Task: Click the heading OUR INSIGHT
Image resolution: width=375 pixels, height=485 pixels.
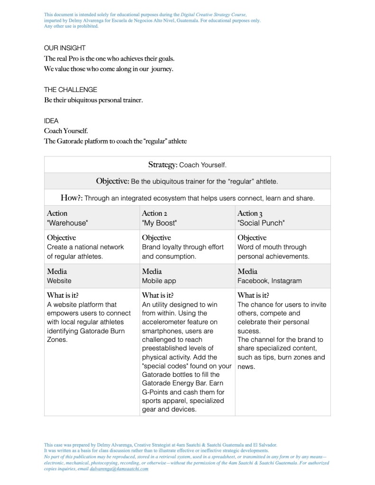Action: point(64,48)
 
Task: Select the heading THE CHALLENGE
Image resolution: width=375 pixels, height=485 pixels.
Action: point(70,90)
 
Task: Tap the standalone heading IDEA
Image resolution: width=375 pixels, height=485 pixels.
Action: point(51,121)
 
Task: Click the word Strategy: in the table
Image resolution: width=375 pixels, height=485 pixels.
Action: point(163,165)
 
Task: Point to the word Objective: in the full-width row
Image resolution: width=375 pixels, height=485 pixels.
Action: point(112,181)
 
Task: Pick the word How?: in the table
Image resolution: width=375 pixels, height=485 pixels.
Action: point(72,197)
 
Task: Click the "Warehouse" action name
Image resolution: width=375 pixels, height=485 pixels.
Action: point(67,223)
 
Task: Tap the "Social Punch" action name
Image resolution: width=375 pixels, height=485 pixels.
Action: point(261,223)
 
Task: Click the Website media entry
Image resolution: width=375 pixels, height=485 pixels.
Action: point(59,281)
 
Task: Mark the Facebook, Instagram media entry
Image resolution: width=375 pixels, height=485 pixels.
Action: point(269,281)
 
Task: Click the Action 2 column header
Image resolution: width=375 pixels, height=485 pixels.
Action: point(155,213)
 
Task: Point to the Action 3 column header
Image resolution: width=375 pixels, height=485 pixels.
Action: point(250,213)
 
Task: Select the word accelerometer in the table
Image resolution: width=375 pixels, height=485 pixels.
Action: point(163,322)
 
